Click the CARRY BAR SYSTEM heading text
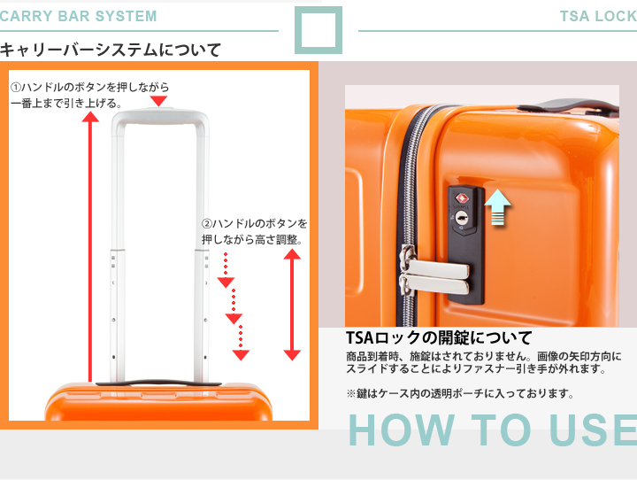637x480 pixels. point(78,16)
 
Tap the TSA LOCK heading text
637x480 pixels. point(598,16)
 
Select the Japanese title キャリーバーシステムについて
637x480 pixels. point(111,50)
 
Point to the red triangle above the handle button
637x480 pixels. point(158,101)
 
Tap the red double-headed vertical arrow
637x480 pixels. point(292,305)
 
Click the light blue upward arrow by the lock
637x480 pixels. point(497,207)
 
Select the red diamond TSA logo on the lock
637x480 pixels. point(462,198)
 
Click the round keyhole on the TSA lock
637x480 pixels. point(461,218)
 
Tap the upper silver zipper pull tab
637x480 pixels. point(435,266)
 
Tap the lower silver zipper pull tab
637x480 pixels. point(434,284)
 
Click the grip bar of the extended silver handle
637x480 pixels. point(160,115)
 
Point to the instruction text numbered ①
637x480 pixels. point(89,95)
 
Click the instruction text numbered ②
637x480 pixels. point(254,231)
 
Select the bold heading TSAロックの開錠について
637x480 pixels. point(439,337)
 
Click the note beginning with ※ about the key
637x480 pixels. point(460,393)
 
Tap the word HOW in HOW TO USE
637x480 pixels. point(401,430)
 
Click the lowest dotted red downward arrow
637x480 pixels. point(241,343)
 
